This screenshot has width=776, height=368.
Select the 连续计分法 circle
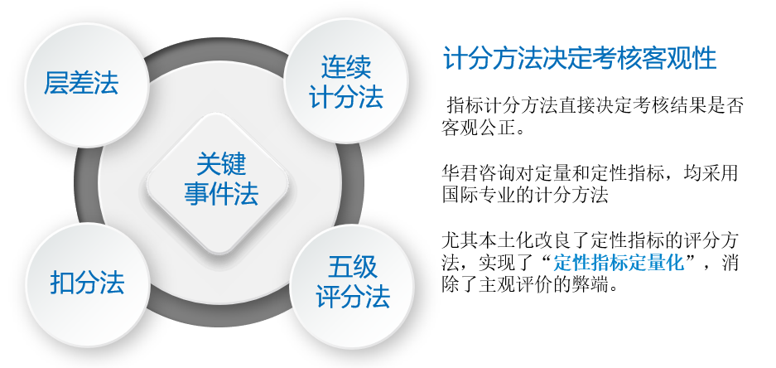[x=346, y=81]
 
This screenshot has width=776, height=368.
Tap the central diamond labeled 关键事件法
[x=217, y=184]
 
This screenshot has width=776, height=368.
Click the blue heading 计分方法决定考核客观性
[x=580, y=59]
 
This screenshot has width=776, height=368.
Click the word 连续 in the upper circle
[x=346, y=66]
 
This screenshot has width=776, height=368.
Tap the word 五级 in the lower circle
[x=352, y=268]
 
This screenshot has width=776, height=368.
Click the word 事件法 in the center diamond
[x=221, y=194]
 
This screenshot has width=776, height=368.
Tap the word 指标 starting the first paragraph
[x=465, y=106]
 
